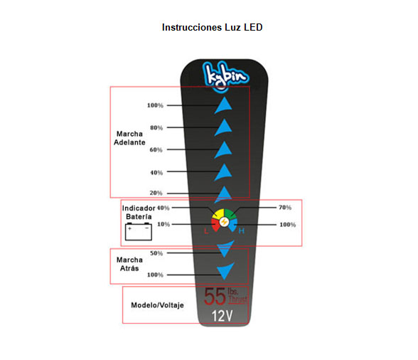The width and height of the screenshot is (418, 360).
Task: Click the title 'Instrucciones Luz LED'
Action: click(x=212, y=27)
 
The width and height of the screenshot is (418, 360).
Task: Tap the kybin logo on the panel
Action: click(x=225, y=76)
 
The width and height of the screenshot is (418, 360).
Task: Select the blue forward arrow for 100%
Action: click(x=223, y=105)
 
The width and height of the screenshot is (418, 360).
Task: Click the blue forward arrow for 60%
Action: click(x=223, y=150)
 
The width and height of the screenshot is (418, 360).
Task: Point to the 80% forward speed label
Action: click(x=156, y=128)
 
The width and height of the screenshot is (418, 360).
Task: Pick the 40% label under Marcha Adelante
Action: click(x=156, y=173)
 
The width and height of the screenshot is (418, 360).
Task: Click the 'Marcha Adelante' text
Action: click(x=129, y=138)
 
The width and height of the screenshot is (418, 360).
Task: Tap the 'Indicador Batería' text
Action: click(x=139, y=213)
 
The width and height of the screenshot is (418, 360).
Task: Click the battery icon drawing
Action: click(x=139, y=231)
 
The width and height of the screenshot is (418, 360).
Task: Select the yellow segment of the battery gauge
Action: click(x=219, y=214)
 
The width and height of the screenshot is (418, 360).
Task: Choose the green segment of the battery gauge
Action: click(x=230, y=214)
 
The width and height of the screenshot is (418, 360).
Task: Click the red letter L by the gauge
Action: click(x=206, y=231)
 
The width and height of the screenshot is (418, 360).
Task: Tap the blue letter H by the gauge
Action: click(x=242, y=231)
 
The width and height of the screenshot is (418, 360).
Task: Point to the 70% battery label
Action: click(x=285, y=207)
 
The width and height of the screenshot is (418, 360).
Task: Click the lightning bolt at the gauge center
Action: click(x=224, y=222)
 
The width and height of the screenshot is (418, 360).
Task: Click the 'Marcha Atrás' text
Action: click(x=129, y=264)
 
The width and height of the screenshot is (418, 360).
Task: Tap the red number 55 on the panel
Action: click(x=215, y=297)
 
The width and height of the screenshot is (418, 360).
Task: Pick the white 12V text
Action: click(x=223, y=316)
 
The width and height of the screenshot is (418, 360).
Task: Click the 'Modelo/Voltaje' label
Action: click(x=157, y=305)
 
